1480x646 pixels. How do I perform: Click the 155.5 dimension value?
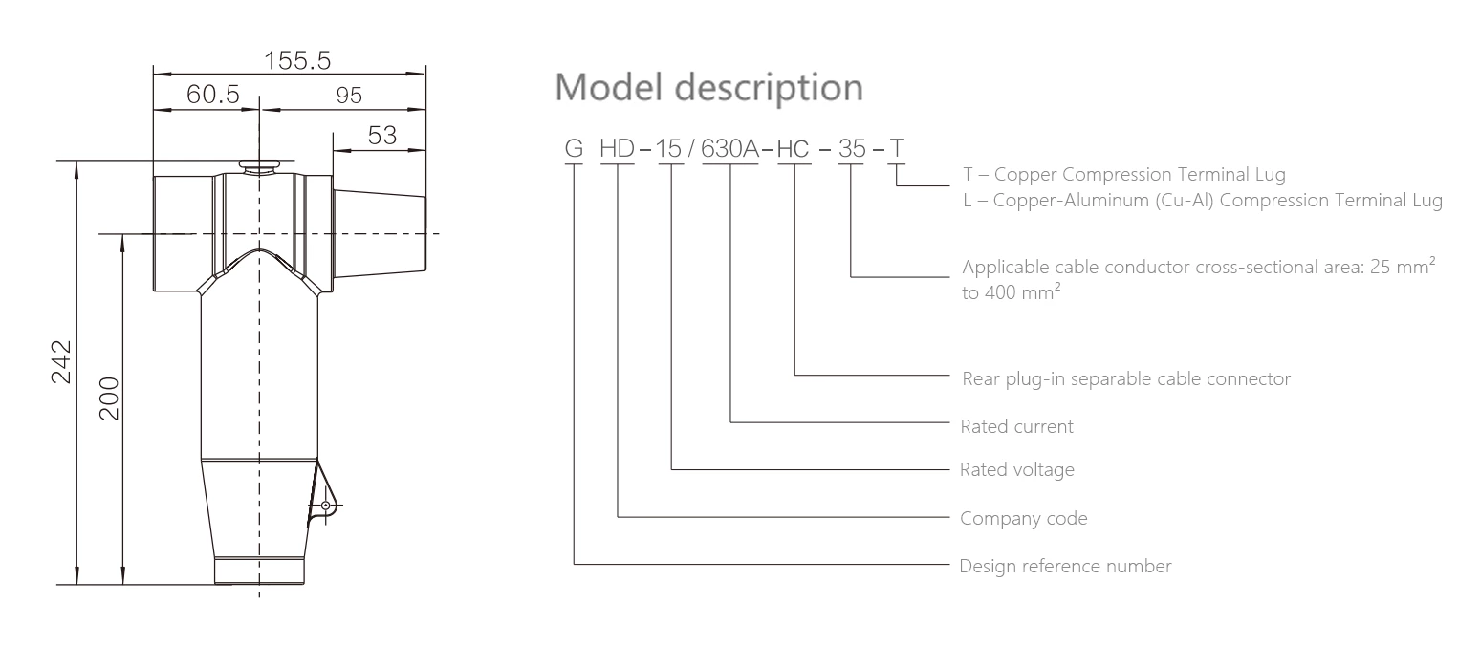297,60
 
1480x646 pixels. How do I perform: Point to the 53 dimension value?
382,135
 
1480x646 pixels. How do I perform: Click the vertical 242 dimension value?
60,361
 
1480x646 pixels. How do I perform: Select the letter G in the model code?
574,150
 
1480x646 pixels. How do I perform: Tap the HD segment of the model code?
618,150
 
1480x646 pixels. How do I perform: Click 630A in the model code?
730,150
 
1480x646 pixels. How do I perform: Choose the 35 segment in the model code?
851,150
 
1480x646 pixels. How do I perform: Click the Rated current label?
1017,426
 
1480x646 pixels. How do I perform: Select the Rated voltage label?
1017,470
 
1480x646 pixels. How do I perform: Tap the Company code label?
1024,519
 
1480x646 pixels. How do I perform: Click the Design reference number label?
1066,566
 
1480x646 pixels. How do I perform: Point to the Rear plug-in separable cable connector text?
1126,379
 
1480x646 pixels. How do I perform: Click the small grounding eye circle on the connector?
326,505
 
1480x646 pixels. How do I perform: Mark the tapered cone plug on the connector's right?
380,234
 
